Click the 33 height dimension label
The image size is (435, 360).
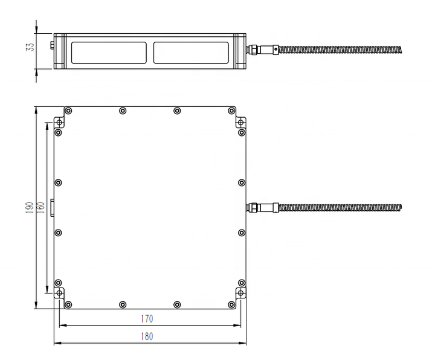tap(30, 47)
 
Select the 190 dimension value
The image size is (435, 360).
tap(30, 207)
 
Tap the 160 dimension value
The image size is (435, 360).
tap(40, 207)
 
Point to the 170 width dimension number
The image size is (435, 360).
tap(147, 319)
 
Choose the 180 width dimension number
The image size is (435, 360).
tap(147, 336)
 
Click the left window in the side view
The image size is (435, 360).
tap(109, 53)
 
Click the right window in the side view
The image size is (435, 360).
tap(191, 53)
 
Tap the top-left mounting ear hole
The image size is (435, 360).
tap(59, 122)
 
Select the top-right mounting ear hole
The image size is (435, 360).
tap(240, 122)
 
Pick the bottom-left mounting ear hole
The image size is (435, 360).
tap(59, 293)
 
